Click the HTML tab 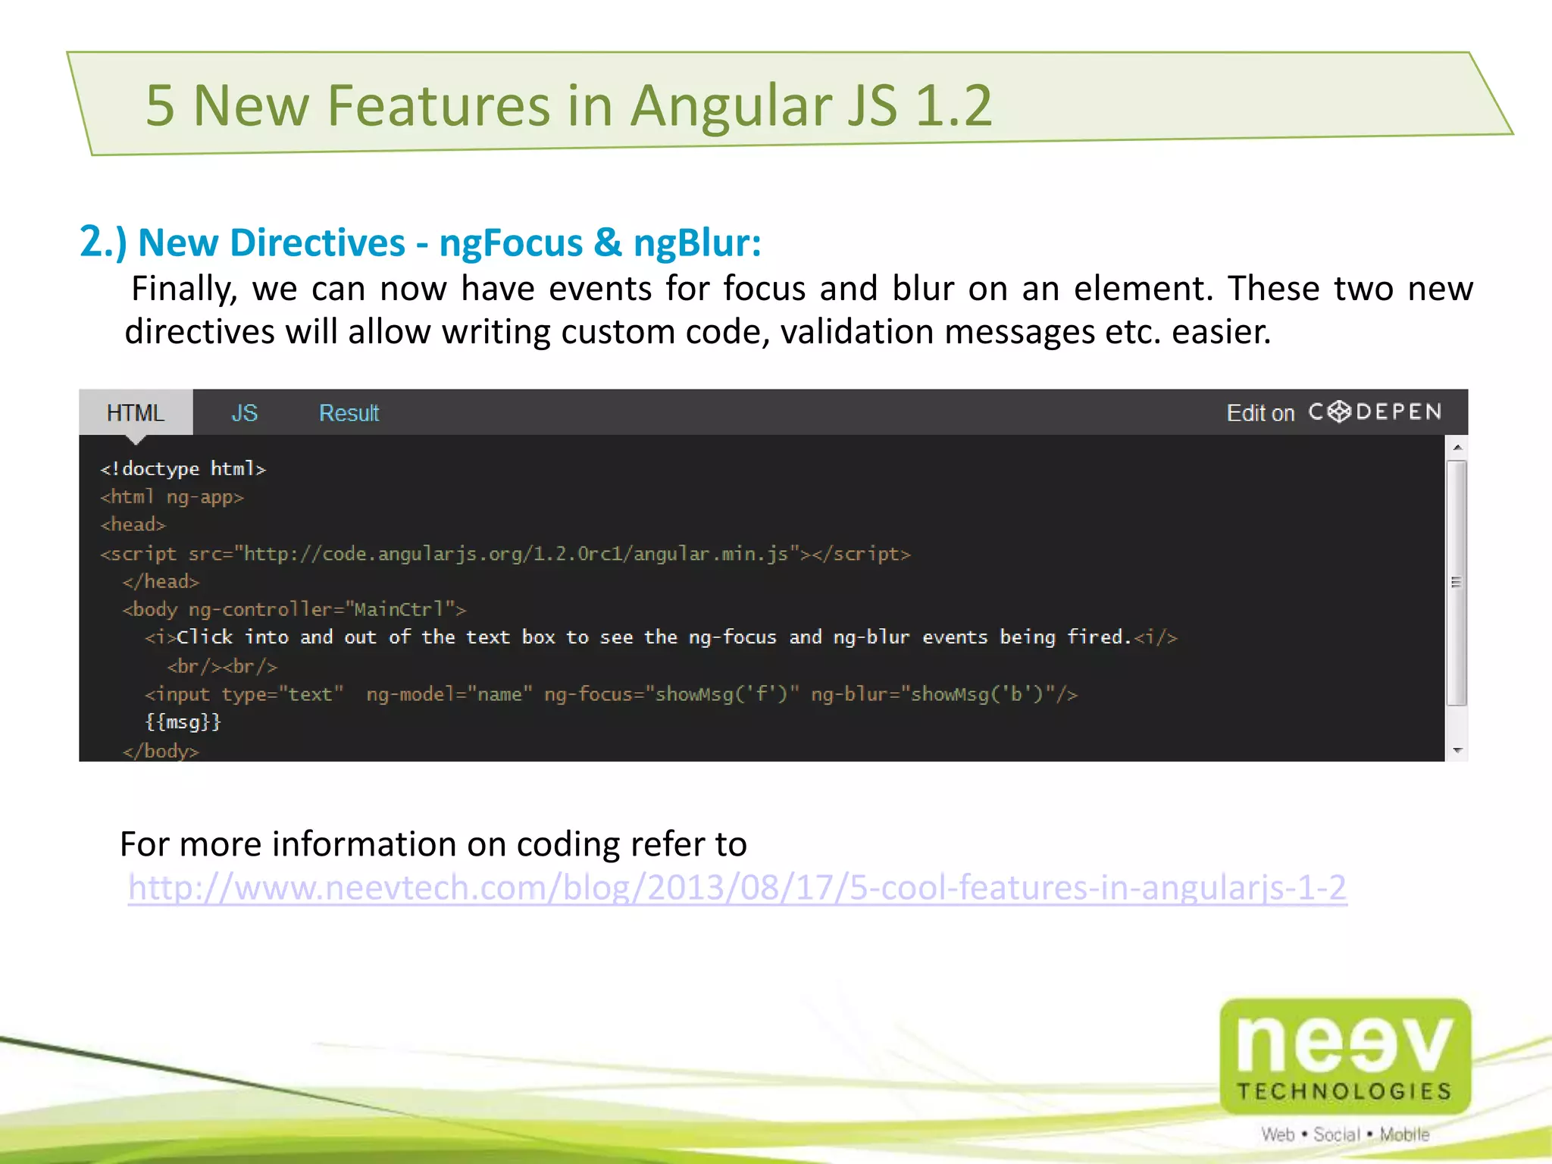(136, 413)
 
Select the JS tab (244, 413)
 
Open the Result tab (349, 413)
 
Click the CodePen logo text (1375, 411)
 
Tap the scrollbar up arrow (1457, 447)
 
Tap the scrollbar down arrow (1457, 750)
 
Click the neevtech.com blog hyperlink (737, 887)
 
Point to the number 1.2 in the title (953, 105)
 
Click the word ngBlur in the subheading (696, 243)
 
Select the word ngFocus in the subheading (511, 243)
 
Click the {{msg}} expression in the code (183, 722)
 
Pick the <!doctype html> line (183, 469)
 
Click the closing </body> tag (161, 751)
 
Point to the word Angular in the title (732, 105)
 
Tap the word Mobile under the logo (1404, 1134)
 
